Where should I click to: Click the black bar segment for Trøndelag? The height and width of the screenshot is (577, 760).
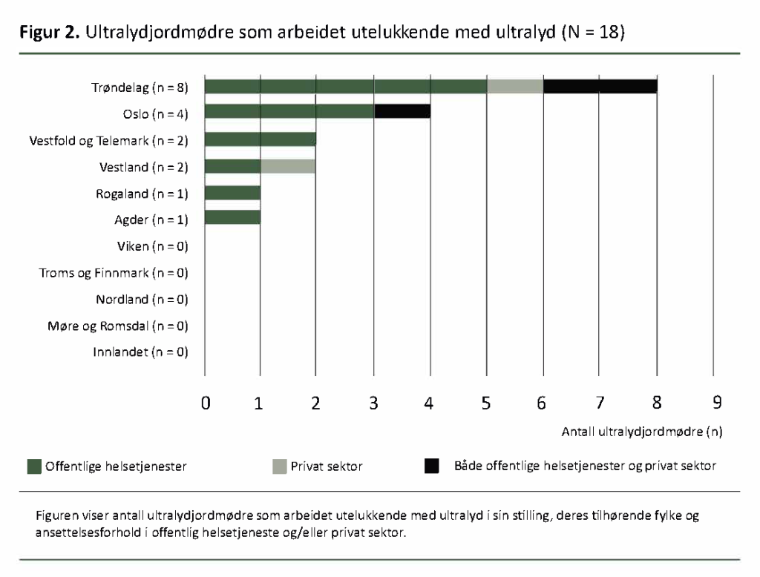pyautogui.click(x=600, y=87)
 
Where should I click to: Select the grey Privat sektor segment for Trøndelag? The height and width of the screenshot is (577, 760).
pyautogui.click(x=515, y=87)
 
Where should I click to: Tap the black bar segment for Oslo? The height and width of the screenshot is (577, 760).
pyautogui.click(x=402, y=112)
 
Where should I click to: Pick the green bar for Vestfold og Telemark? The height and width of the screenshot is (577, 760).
pyautogui.click(x=260, y=139)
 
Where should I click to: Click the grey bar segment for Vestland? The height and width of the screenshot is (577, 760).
pyautogui.click(x=288, y=166)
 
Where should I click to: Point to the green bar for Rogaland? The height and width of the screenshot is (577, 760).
pyautogui.click(x=232, y=194)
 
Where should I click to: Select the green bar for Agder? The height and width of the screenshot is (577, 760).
pyautogui.click(x=232, y=218)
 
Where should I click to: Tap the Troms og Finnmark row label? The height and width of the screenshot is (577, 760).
pyautogui.click(x=114, y=273)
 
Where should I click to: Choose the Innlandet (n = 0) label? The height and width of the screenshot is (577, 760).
pyautogui.click(x=140, y=352)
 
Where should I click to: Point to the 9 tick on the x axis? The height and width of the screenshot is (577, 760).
pyautogui.click(x=716, y=403)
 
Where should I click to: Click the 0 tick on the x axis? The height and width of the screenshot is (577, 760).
pyautogui.click(x=206, y=403)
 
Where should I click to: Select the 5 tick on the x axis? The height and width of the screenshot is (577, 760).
pyautogui.click(x=486, y=403)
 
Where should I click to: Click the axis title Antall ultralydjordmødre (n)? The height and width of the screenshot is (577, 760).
pyautogui.click(x=642, y=430)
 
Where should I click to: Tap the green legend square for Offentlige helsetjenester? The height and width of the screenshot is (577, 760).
pyautogui.click(x=34, y=466)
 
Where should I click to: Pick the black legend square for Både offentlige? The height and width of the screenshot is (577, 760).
pyautogui.click(x=431, y=466)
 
